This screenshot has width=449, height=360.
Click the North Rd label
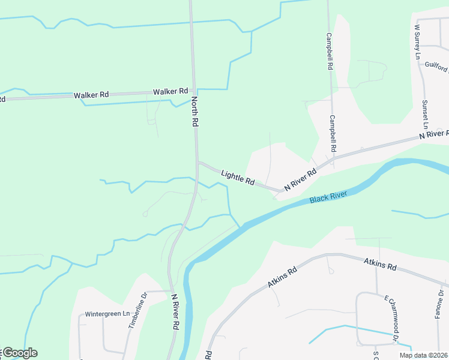195,111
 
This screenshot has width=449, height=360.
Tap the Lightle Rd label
238,177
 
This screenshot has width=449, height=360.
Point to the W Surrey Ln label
417,42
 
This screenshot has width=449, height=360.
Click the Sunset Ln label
426,115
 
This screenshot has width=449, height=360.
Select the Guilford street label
436,67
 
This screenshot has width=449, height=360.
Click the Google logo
19,353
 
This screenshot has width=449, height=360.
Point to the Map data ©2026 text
423,355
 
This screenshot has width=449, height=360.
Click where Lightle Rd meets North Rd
197,162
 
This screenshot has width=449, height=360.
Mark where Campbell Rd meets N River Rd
332,157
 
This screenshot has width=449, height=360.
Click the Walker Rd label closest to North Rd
170,92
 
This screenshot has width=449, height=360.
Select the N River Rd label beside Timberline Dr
175,311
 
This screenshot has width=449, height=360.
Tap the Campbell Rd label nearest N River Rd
332,133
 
